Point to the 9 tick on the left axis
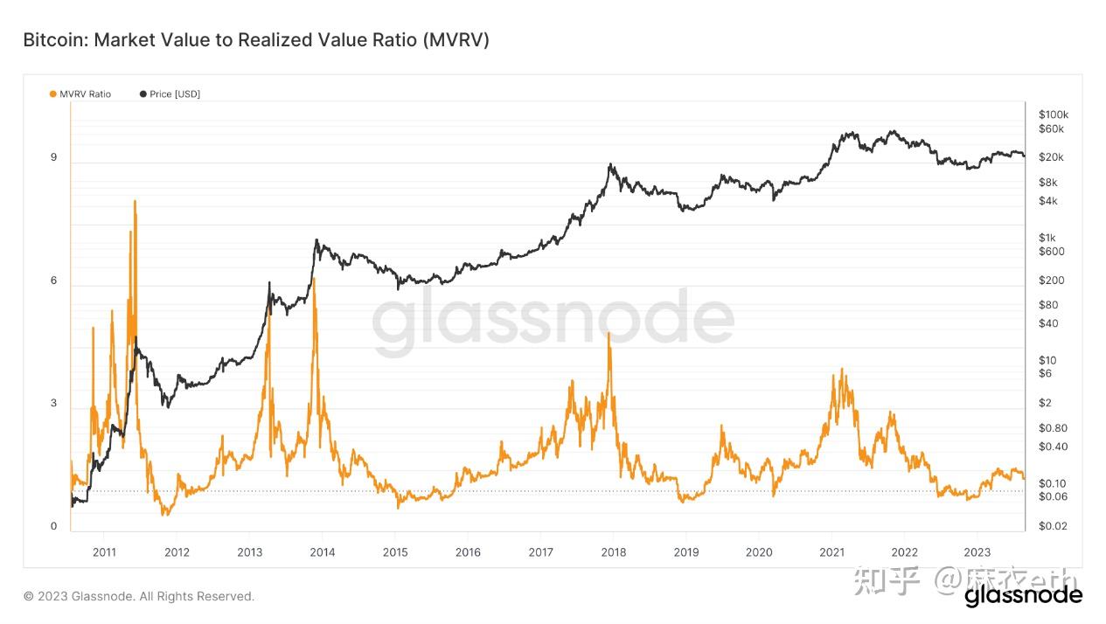(53, 157)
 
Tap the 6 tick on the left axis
(53, 281)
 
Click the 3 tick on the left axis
(53, 403)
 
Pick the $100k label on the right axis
(1054, 114)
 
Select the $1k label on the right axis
(1047, 238)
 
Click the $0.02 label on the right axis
(1053, 526)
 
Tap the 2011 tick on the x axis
(104, 551)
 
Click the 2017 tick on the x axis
(540, 551)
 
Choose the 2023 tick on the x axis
(977, 551)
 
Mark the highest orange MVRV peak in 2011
(135, 202)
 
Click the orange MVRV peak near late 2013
(314, 279)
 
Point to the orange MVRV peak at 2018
(609, 334)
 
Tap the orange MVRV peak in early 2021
(841, 370)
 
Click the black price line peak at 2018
(610, 164)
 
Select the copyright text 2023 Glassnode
(139, 596)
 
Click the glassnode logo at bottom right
(1023, 596)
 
